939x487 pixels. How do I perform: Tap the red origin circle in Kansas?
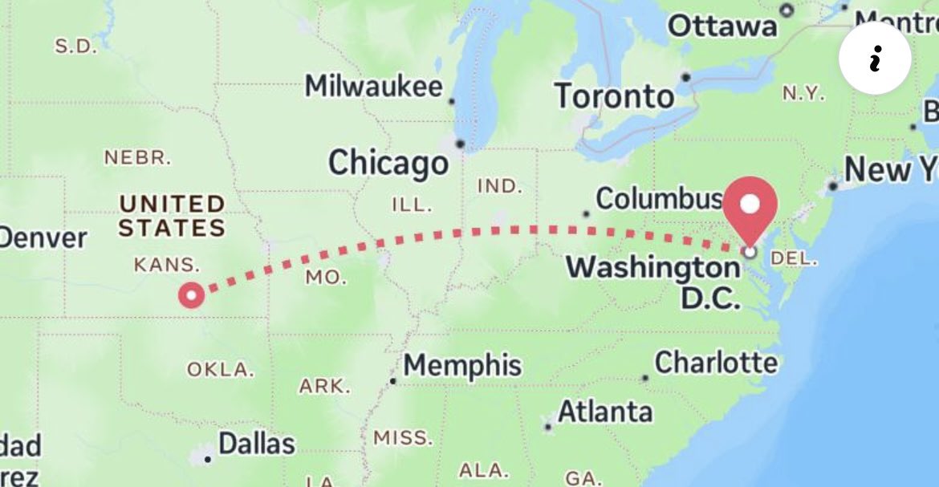[x=191, y=295]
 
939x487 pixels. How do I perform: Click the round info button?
[x=875, y=59]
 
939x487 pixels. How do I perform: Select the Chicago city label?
[x=388, y=164]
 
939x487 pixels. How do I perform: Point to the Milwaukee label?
[x=373, y=86]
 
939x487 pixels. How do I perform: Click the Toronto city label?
[x=615, y=96]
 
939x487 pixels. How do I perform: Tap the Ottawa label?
[x=722, y=26]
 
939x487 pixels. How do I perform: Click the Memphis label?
[x=462, y=366]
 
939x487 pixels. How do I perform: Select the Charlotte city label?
[x=716, y=363]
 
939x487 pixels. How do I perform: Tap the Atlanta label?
[x=605, y=412]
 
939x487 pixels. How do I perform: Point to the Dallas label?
[x=257, y=444]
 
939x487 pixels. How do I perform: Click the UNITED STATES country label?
[x=172, y=216]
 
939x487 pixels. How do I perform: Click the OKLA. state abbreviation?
[x=221, y=370]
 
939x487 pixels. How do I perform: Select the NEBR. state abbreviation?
[x=137, y=157]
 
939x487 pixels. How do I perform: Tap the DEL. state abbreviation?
[x=793, y=259]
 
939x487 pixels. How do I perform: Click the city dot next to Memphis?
[x=392, y=380]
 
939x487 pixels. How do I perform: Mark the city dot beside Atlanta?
[x=547, y=427]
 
